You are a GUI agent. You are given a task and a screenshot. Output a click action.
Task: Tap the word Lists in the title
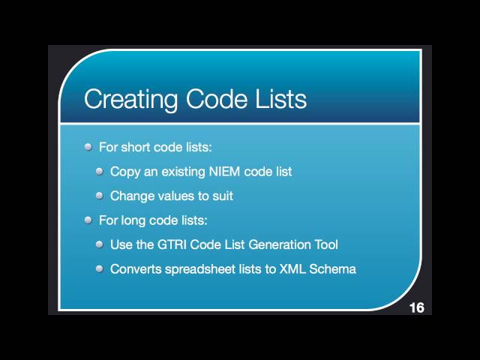[277, 99]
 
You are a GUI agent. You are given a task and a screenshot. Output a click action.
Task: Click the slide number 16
[416, 308]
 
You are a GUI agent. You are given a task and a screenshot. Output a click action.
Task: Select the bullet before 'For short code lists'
[88, 147]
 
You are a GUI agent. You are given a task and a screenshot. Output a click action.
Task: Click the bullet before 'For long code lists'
[88, 220]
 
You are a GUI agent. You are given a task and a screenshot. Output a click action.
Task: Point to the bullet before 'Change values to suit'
[100, 196]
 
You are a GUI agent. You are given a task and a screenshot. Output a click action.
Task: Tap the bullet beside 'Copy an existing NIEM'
[100, 171]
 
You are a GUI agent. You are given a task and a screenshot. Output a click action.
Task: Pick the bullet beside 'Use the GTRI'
[100, 244]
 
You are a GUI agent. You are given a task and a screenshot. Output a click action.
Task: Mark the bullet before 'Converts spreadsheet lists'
[100, 268]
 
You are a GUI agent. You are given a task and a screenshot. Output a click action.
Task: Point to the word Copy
[124, 172]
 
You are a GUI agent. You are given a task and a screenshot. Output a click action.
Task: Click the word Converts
[135, 268]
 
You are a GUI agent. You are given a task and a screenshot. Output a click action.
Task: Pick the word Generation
[280, 244]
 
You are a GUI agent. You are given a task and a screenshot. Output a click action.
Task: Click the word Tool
[325, 244]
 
